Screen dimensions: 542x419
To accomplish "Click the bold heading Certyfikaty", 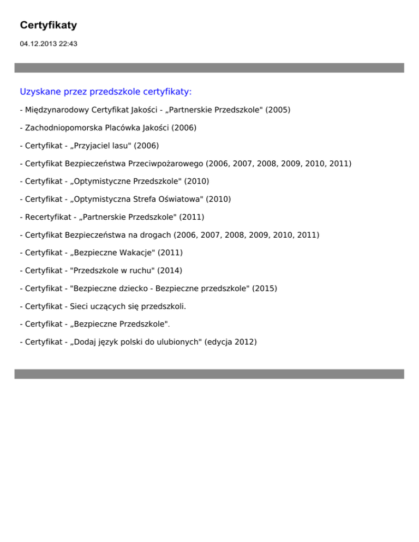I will pyautogui.click(x=48, y=25).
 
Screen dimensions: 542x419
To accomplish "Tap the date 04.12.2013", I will pyautogui.click(x=38, y=44).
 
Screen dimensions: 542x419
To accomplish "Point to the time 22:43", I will pyautogui.click(x=68, y=44).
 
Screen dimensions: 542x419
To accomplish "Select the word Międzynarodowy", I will pyautogui.click(x=54, y=110).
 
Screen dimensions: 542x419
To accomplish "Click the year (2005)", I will pyautogui.click(x=278, y=110).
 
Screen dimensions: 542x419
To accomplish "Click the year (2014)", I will pyautogui.click(x=170, y=270).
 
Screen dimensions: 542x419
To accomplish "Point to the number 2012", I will pyautogui.click(x=244, y=342).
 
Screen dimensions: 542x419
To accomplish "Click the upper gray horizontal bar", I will pyautogui.click(x=209, y=68).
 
